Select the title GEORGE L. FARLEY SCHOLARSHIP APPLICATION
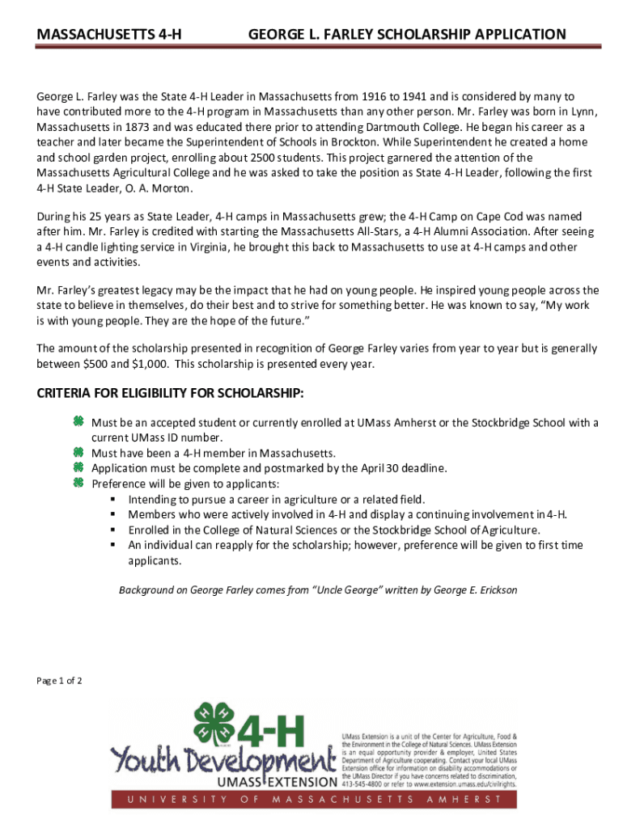[407, 35]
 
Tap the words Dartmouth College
[416, 128]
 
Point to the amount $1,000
[149, 364]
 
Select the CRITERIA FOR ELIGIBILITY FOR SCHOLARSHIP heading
[171, 394]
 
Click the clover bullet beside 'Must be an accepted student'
[78, 422]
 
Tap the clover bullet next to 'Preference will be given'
[78, 483]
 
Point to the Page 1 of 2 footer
[60, 681]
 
